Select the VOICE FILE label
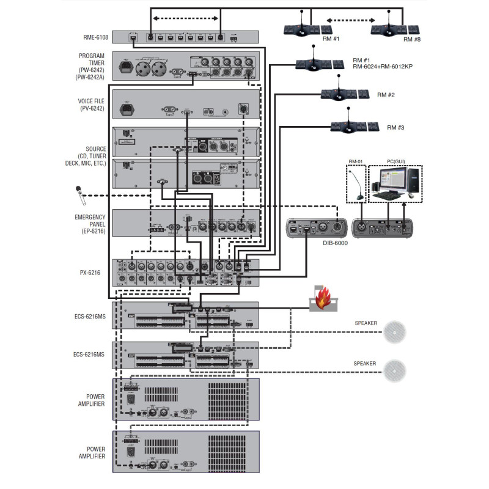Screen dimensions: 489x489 tap(92, 105)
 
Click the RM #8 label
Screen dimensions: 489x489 tap(412, 39)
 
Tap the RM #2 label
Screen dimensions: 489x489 tap(386, 95)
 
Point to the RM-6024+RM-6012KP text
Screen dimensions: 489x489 tap(383, 66)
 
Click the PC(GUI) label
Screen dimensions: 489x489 tap(395, 161)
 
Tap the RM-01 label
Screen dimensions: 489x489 tap(355, 161)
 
